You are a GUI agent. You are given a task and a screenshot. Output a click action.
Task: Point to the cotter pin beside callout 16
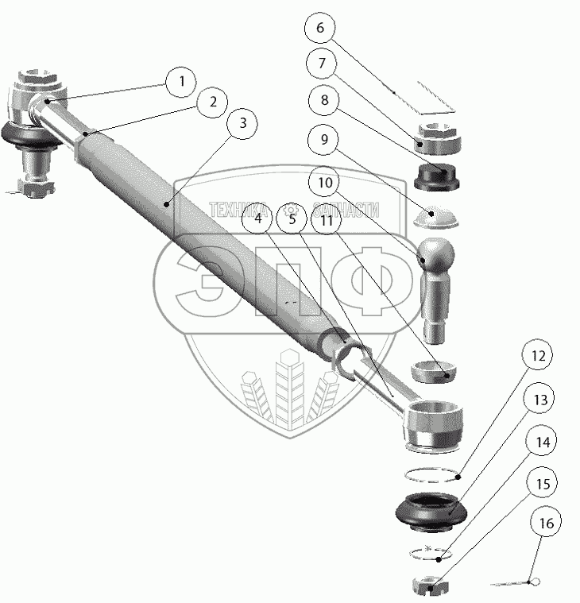pos(516,584)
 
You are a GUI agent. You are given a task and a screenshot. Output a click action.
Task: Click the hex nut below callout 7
pos(435,141)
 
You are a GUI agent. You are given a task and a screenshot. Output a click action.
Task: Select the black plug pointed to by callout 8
pos(436,176)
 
